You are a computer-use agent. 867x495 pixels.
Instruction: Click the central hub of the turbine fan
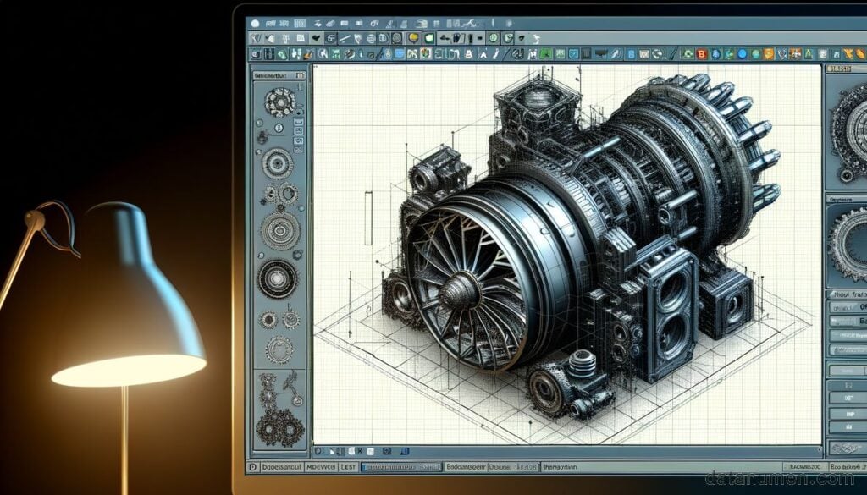(455, 293)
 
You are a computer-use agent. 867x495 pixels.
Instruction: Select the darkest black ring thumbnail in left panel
(276, 279)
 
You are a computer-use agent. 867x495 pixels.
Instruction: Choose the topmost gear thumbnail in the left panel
(279, 103)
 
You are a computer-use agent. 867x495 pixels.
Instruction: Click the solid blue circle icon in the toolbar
(742, 54)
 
